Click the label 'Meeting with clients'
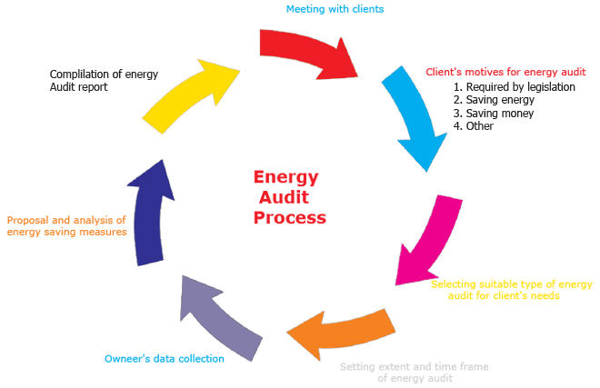coord(335,9)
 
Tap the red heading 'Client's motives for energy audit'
coord(506,73)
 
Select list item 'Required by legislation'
coord(515,87)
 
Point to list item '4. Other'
coord(474,126)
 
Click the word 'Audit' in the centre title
coord(284,197)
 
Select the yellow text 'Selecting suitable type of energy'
coord(511,284)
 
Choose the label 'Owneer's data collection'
coord(164,359)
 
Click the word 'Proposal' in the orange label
coord(28,220)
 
